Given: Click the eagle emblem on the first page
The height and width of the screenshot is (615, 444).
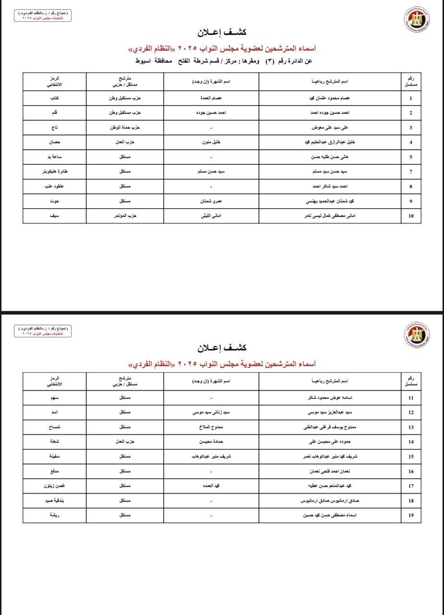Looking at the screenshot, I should click(x=416, y=19).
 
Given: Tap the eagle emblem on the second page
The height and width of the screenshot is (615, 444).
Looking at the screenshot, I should click(x=416, y=333).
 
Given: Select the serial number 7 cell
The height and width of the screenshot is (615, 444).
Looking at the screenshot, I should click(x=411, y=172).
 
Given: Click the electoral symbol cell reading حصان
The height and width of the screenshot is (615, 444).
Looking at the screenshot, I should click(x=54, y=142).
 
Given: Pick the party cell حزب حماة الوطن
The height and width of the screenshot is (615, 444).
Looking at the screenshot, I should click(x=124, y=128).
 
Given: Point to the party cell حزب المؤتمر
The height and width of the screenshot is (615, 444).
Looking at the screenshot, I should click(x=124, y=216).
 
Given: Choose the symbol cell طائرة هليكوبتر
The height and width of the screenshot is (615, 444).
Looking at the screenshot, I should click(x=54, y=172).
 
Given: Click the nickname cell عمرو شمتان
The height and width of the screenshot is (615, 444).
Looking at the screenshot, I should click(x=211, y=201).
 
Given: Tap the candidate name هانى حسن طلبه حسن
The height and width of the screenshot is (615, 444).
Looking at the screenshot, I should click(x=330, y=157).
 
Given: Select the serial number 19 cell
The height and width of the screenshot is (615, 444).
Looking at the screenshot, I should click(x=411, y=515).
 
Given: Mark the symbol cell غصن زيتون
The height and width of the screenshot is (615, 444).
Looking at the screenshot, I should click(x=54, y=486).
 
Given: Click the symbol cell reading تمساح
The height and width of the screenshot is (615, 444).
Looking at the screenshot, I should click(x=54, y=427).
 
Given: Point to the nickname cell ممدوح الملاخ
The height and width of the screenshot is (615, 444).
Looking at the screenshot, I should click(x=211, y=427).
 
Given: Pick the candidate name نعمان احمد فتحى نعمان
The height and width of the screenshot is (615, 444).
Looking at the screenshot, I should click(x=330, y=471).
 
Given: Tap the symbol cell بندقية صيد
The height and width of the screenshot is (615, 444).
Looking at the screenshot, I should click(x=54, y=501).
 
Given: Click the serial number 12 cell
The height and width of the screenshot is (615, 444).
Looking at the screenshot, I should click(x=411, y=413).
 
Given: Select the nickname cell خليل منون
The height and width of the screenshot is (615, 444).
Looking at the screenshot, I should click(x=211, y=142).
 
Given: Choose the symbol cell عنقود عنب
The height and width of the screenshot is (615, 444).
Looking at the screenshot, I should click(x=54, y=186).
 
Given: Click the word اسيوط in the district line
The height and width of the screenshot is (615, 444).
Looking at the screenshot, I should click(x=143, y=61).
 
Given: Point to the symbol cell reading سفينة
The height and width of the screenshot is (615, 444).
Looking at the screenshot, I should click(x=54, y=456).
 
